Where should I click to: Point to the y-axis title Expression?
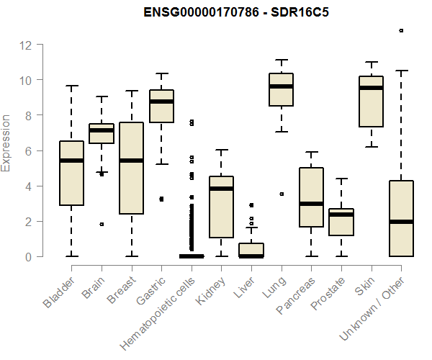point(6,142)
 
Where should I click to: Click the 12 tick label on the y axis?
point(26,45)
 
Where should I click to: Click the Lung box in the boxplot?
point(281,89)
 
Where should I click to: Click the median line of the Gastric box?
point(161,102)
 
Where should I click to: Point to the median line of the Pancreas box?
point(311,204)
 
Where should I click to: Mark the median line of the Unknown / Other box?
point(401,222)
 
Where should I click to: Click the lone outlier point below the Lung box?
point(282,194)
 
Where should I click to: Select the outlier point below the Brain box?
point(102,224)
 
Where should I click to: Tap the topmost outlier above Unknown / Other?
point(401,30)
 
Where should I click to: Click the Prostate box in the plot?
point(341,222)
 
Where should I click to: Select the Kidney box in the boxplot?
point(221,207)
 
